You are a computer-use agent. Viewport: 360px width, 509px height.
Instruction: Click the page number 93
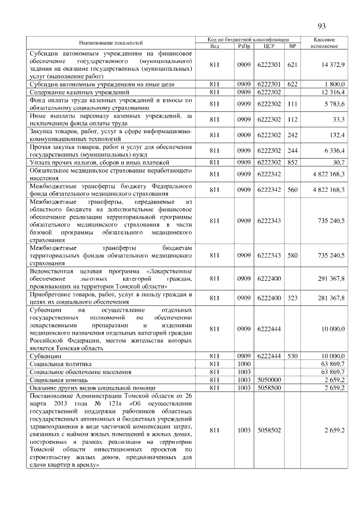pos(322,25)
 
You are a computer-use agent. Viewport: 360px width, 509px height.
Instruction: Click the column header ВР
pos(291,46)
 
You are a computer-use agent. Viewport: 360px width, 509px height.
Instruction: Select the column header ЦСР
pos(268,46)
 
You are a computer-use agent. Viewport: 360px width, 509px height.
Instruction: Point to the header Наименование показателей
pos(110,43)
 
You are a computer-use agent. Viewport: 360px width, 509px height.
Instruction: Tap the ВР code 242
pos(291,135)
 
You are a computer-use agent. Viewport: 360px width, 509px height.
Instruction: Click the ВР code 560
pos(291,190)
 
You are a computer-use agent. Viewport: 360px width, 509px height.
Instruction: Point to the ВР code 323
pos(291,298)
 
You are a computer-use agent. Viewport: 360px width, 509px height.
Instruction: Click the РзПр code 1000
pos(244,364)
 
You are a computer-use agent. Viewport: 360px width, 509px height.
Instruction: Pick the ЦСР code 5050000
pos(268,380)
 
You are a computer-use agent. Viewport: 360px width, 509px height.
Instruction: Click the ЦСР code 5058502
pos(268,430)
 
